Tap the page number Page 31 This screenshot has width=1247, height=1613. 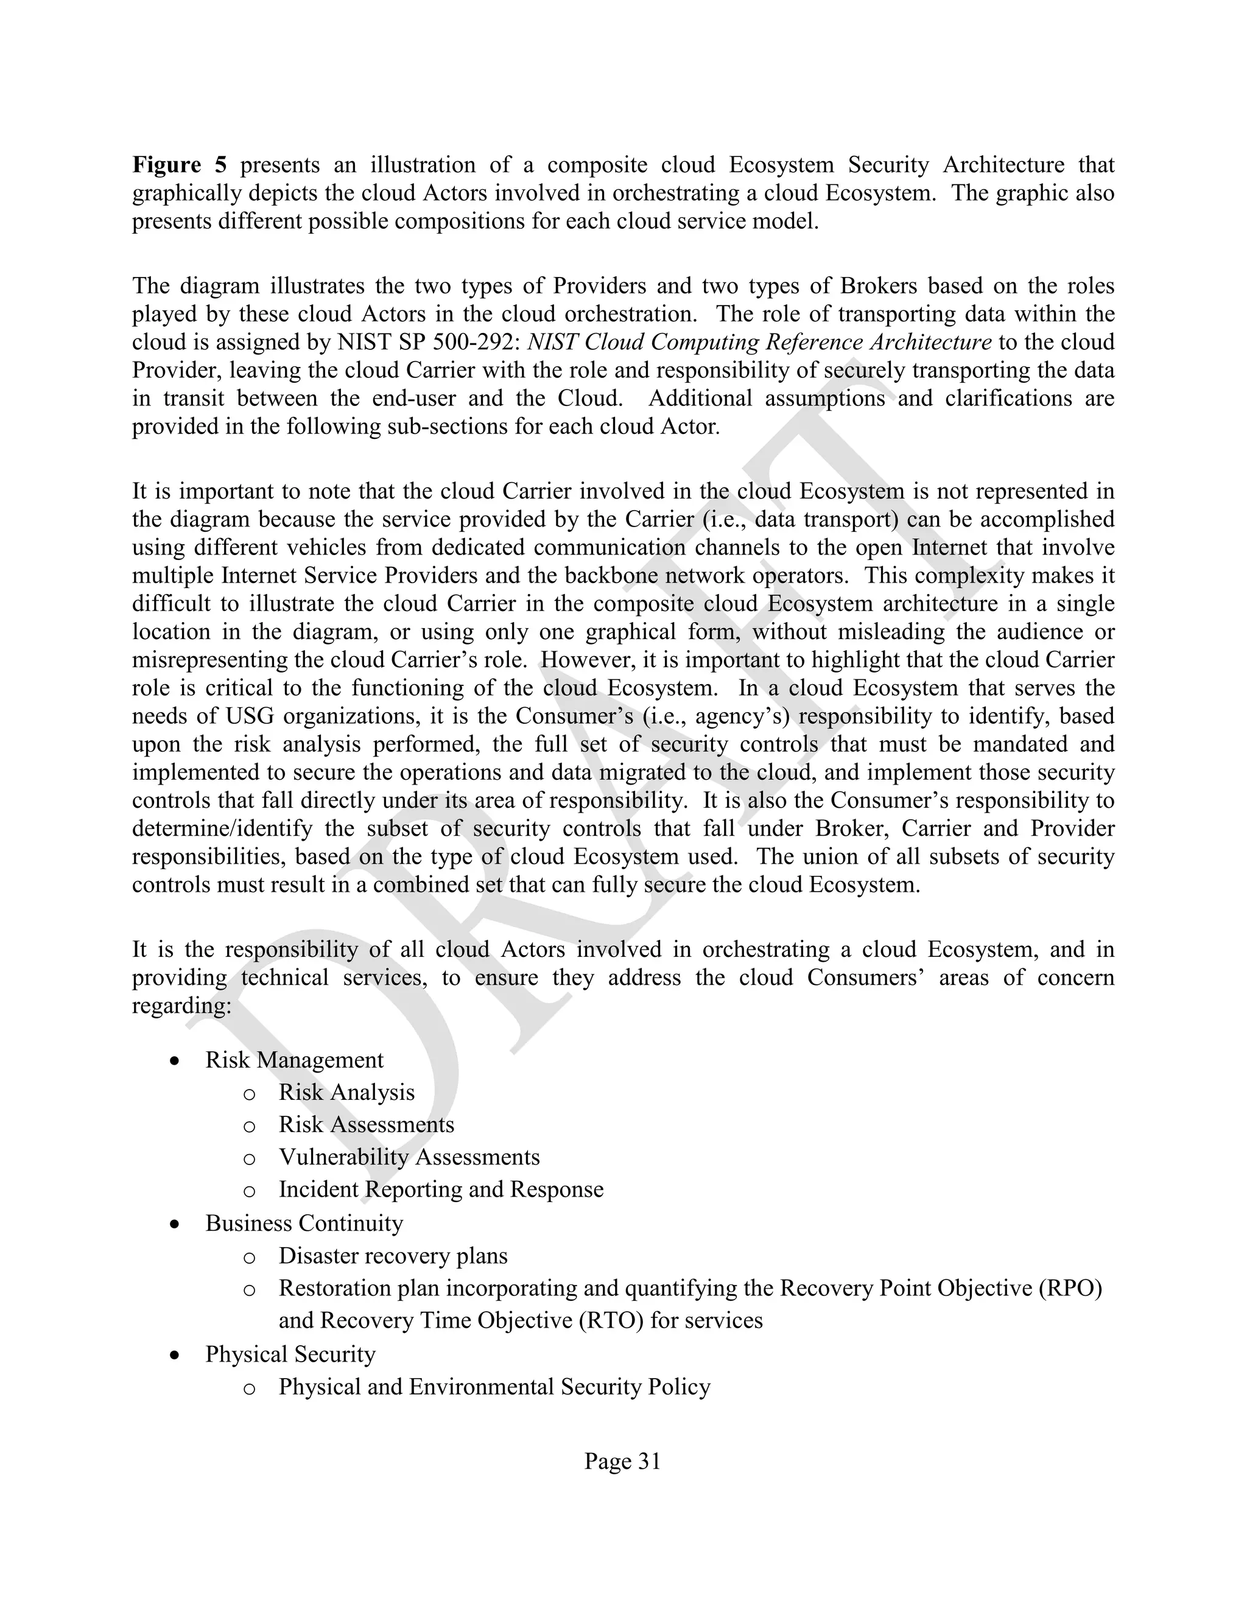(622, 1461)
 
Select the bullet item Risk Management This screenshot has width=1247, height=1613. (294, 1060)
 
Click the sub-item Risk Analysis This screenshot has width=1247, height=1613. (346, 1093)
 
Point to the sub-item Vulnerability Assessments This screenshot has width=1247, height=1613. (409, 1157)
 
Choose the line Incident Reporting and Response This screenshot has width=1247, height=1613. (440, 1190)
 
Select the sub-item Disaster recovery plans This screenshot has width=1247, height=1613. (392, 1256)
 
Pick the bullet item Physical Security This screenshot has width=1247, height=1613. (290, 1354)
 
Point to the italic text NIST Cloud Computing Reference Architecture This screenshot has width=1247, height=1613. (759, 343)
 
